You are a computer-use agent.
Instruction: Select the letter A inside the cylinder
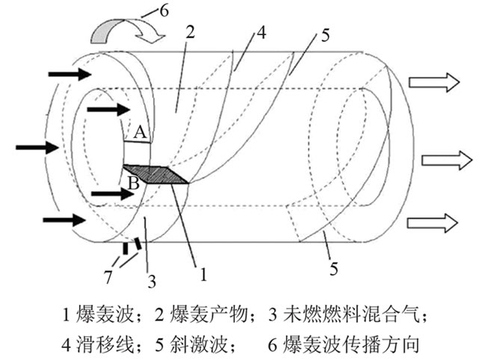(x=139, y=132)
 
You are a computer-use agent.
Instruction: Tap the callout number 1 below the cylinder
(x=202, y=273)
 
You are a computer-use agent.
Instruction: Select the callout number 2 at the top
(x=191, y=32)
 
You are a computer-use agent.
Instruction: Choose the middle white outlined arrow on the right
(x=447, y=159)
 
